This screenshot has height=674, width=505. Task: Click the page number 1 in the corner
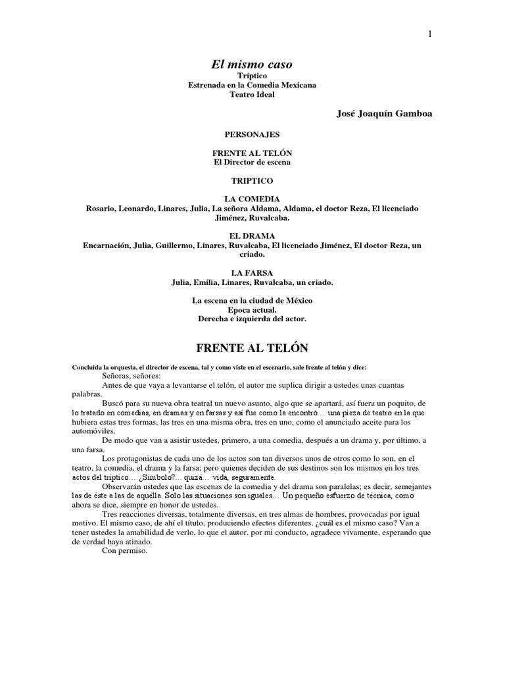(x=430, y=35)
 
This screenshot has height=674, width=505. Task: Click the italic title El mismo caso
(x=252, y=65)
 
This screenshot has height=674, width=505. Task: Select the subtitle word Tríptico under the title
(x=252, y=76)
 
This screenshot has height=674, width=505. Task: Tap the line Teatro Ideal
(x=252, y=95)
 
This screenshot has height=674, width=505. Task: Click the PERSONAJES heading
(x=252, y=134)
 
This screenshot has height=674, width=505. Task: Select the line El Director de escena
(x=252, y=162)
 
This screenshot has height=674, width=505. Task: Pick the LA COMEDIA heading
(x=252, y=199)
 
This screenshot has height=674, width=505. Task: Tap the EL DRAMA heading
(x=252, y=236)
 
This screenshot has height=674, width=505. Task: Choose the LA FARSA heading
(x=252, y=272)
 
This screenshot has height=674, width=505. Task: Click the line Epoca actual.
(x=252, y=310)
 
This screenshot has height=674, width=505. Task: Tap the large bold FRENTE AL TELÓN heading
(x=252, y=348)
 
